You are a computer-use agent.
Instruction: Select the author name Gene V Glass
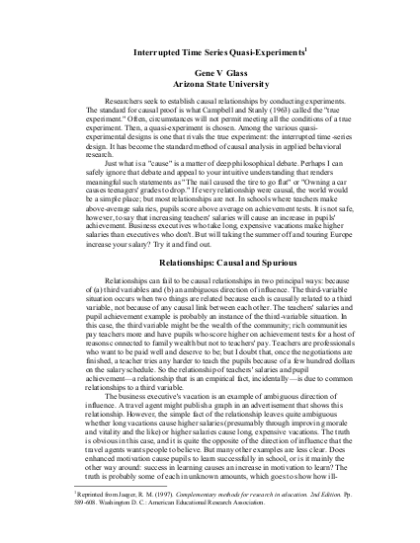click(209, 74)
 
